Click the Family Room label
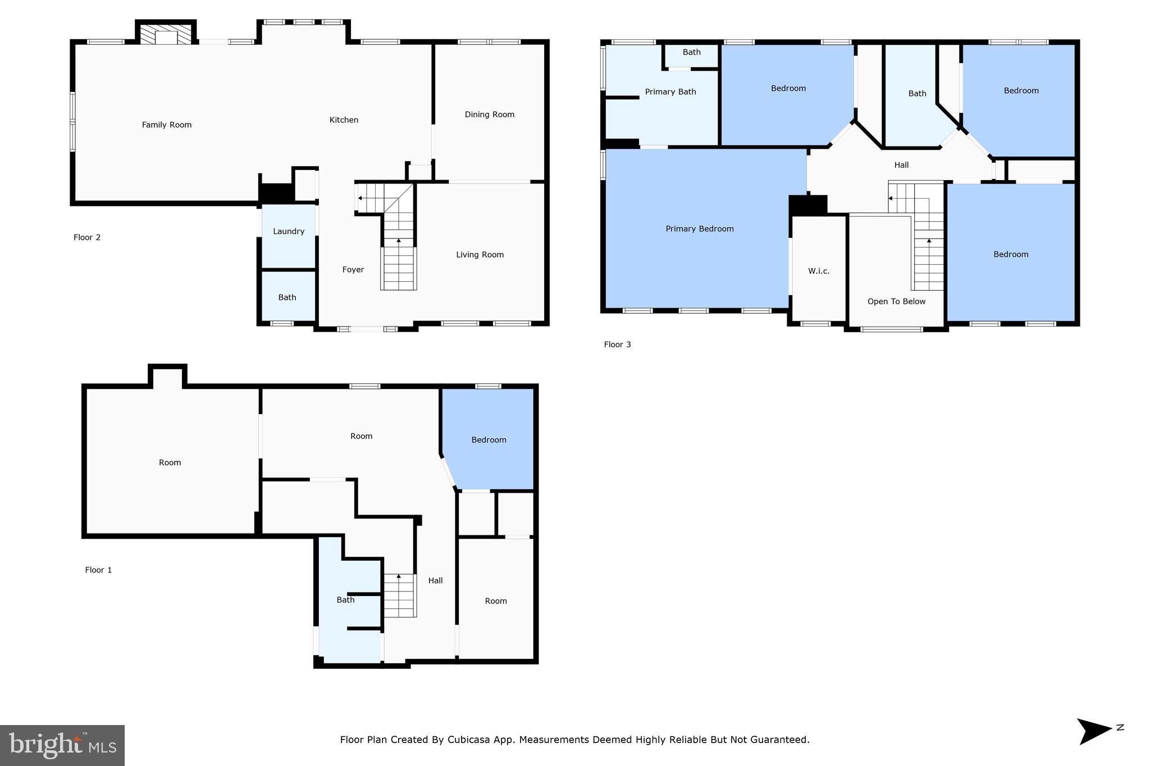(x=166, y=125)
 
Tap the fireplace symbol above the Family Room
(x=166, y=35)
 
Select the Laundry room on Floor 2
(x=289, y=231)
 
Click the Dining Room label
(x=489, y=114)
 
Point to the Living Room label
(x=480, y=255)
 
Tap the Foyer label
(x=353, y=270)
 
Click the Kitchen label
(x=344, y=120)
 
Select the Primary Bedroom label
(x=699, y=229)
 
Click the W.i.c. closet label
(x=818, y=271)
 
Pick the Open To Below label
(x=896, y=302)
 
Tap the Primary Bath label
(x=670, y=92)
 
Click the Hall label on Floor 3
(x=901, y=165)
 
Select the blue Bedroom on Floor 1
(x=489, y=440)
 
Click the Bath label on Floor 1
(x=345, y=600)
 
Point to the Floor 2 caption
(x=87, y=237)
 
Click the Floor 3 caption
(x=617, y=345)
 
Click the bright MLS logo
(x=62, y=745)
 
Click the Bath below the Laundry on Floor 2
(x=287, y=297)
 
